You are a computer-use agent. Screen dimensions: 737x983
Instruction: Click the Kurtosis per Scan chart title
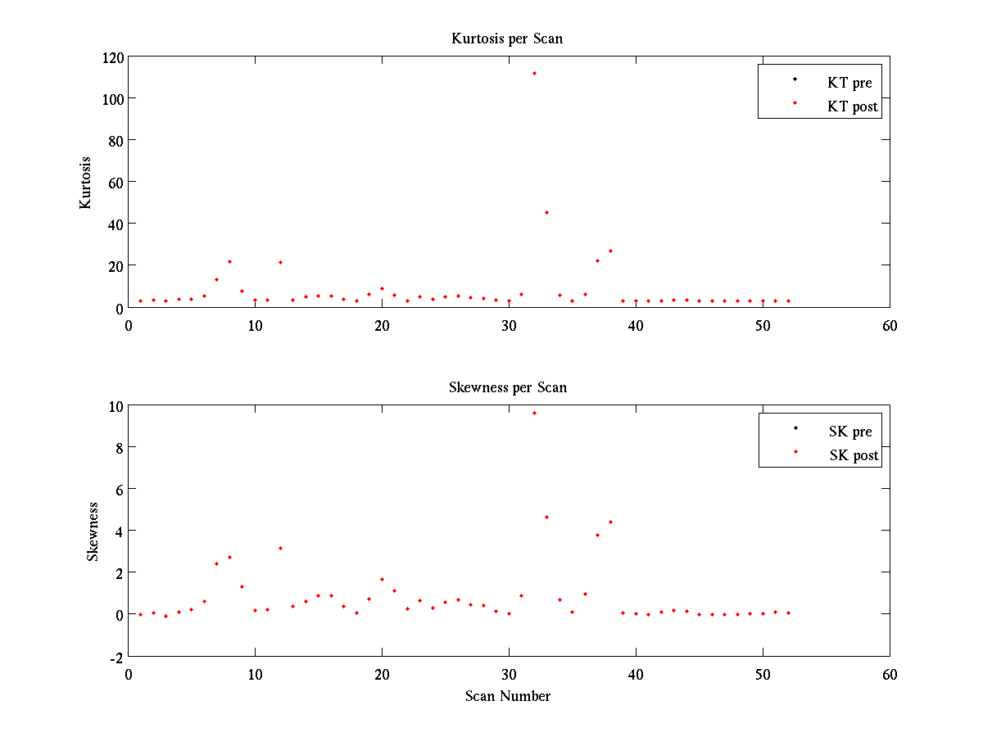pos(507,38)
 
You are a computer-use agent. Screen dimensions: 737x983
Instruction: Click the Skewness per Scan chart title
pos(507,387)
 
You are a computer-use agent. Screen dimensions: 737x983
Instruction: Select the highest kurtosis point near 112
pos(534,73)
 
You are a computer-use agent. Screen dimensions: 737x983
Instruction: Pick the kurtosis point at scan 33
pos(546,212)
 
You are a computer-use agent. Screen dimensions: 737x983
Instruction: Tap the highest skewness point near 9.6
pos(534,413)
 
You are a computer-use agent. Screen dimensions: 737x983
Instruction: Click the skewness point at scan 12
pos(280,548)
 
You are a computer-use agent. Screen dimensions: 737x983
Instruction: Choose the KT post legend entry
pos(853,106)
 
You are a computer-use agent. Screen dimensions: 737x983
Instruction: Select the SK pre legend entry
pos(850,432)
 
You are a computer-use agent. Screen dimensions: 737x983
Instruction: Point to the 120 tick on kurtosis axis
pos(113,57)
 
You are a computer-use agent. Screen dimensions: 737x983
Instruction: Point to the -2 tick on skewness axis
pos(116,657)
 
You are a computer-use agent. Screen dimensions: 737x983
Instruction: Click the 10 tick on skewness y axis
pos(116,406)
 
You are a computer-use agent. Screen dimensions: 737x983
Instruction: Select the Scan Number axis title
pos(507,696)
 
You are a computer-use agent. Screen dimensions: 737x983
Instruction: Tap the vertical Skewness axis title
pos(93,531)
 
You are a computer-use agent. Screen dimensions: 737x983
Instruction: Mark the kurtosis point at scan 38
pos(610,251)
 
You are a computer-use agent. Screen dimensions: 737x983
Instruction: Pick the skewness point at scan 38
pos(610,522)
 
